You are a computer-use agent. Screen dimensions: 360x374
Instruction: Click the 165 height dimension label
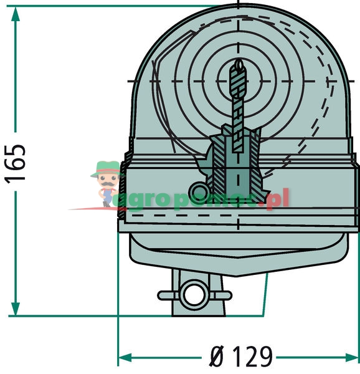(x=16, y=164)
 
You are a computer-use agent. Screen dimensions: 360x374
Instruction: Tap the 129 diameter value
(x=252, y=357)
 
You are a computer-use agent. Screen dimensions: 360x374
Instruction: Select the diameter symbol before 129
(x=217, y=357)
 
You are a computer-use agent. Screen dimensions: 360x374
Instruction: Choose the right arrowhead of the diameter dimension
(x=352, y=357)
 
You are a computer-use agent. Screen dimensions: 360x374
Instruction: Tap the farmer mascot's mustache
(x=107, y=184)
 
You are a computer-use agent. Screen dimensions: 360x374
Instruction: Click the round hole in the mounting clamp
(x=194, y=295)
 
